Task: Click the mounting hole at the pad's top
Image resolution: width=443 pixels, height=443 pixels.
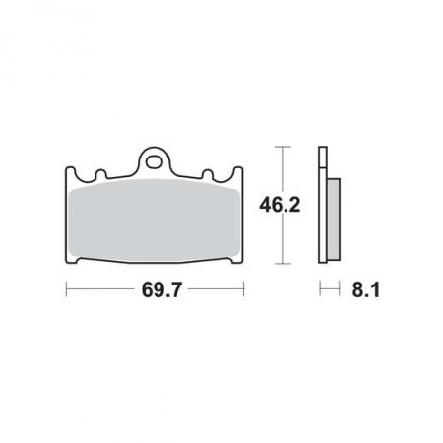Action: coord(154,157)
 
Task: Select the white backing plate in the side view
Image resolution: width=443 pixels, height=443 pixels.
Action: coord(322,207)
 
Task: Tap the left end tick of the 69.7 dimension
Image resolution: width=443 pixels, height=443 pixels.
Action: coord(66,290)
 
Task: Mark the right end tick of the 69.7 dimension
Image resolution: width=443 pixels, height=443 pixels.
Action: coord(243,290)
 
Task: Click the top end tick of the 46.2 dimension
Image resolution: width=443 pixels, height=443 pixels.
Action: coord(284,147)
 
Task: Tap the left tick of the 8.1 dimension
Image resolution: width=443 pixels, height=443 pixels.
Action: coord(320,290)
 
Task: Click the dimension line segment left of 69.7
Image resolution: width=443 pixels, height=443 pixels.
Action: coord(98,290)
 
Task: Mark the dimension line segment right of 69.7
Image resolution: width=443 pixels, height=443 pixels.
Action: coord(212,290)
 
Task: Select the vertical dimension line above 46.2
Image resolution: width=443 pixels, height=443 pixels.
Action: coord(284,172)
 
